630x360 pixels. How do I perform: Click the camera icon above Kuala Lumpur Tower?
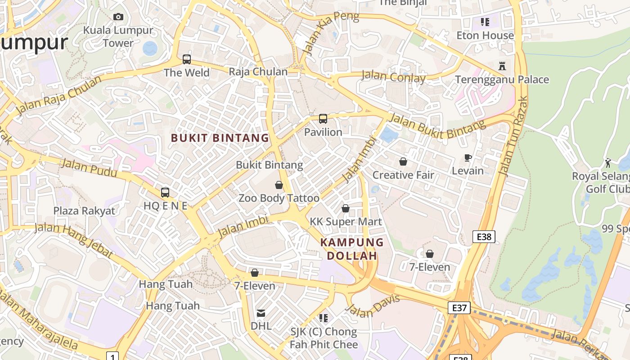[x=118, y=17]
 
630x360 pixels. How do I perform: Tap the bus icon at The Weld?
[x=187, y=59]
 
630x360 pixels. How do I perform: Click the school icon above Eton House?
[x=485, y=22]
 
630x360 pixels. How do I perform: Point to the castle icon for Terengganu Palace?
[x=502, y=66]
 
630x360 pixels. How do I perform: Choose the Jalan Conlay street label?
[x=393, y=76]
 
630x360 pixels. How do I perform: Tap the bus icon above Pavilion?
[x=323, y=119]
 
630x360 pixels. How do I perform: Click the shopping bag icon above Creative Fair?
[x=403, y=161]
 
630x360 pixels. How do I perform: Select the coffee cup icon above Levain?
[x=468, y=157]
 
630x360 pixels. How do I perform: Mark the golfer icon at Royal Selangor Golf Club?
[x=608, y=162]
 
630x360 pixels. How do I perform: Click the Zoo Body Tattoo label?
[x=279, y=198]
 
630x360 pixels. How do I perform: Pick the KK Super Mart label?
[x=346, y=221]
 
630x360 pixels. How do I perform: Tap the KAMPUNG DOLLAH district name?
[x=352, y=249]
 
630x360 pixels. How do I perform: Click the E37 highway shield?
[x=459, y=308]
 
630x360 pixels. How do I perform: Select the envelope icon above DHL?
[x=261, y=313]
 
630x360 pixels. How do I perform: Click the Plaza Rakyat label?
[x=84, y=211]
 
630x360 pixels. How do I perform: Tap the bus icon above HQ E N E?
[x=165, y=192]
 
